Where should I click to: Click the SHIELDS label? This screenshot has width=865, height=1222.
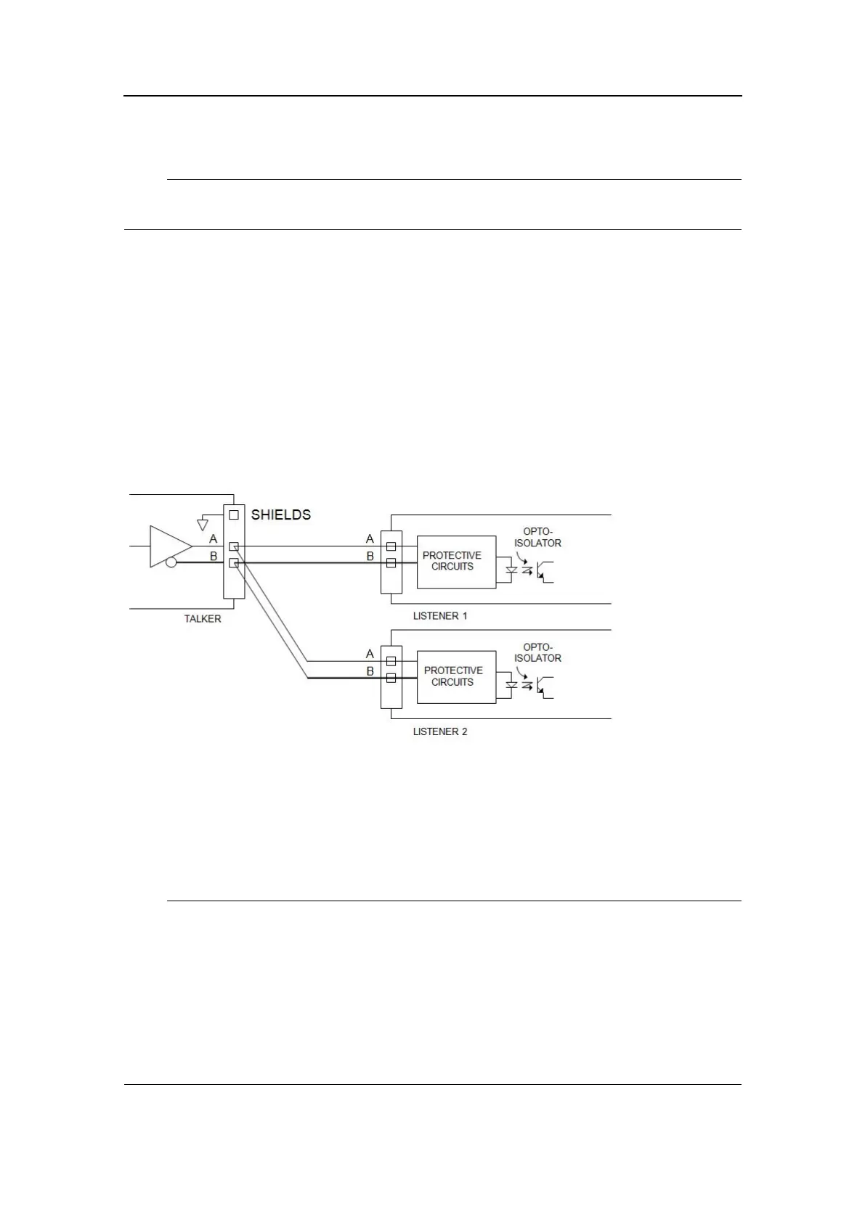pyautogui.click(x=280, y=514)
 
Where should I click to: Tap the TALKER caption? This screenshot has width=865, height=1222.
pyautogui.click(x=203, y=619)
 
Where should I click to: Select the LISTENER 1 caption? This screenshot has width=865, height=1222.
pyautogui.click(x=440, y=615)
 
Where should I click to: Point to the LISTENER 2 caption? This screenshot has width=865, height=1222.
pyautogui.click(x=440, y=731)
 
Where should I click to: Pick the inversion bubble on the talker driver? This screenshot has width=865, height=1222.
pyautogui.click(x=171, y=562)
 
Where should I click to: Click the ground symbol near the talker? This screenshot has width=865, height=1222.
pyautogui.click(x=203, y=524)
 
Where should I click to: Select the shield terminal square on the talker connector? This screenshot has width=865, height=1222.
pyautogui.click(x=234, y=514)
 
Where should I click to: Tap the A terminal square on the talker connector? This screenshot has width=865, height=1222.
pyautogui.click(x=234, y=546)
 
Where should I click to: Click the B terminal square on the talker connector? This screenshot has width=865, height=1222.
pyautogui.click(x=234, y=562)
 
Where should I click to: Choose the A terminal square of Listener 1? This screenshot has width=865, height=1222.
pyautogui.click(x=391, y=546)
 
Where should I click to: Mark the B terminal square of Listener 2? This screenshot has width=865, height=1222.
pyautogui.click(x=391, y=678)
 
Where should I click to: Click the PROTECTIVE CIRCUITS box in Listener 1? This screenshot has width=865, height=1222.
pyautogui.click(x=456, y=562)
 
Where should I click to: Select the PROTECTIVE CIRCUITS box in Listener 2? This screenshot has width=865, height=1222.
pyautogui.click(x=456, y=676)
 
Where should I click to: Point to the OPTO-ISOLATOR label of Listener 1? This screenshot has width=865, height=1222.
pyautogui.click(x=538, y=537)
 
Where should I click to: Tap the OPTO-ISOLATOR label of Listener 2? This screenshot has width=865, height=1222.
pyautogui.click(x=538, y=652)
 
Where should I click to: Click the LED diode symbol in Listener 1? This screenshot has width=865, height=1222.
pyautogui.click(x=511, y=570)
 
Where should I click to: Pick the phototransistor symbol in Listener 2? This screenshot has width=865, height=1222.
pyautogui.click(x=545, y=686)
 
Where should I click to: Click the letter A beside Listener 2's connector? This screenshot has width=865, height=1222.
pyautogui.click(x=370, y=655)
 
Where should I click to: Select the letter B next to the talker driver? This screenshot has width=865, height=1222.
pyautogui.click(x=214, y=557)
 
